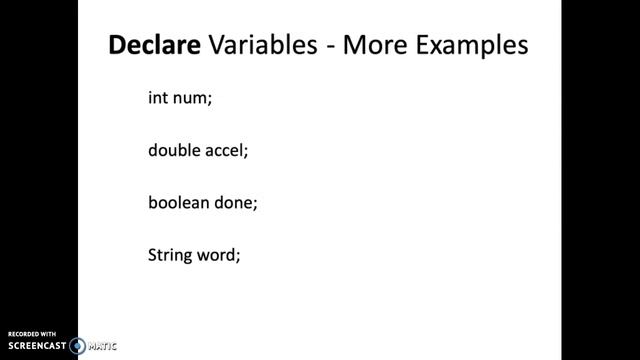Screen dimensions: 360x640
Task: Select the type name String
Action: click(x=168, y=254)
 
